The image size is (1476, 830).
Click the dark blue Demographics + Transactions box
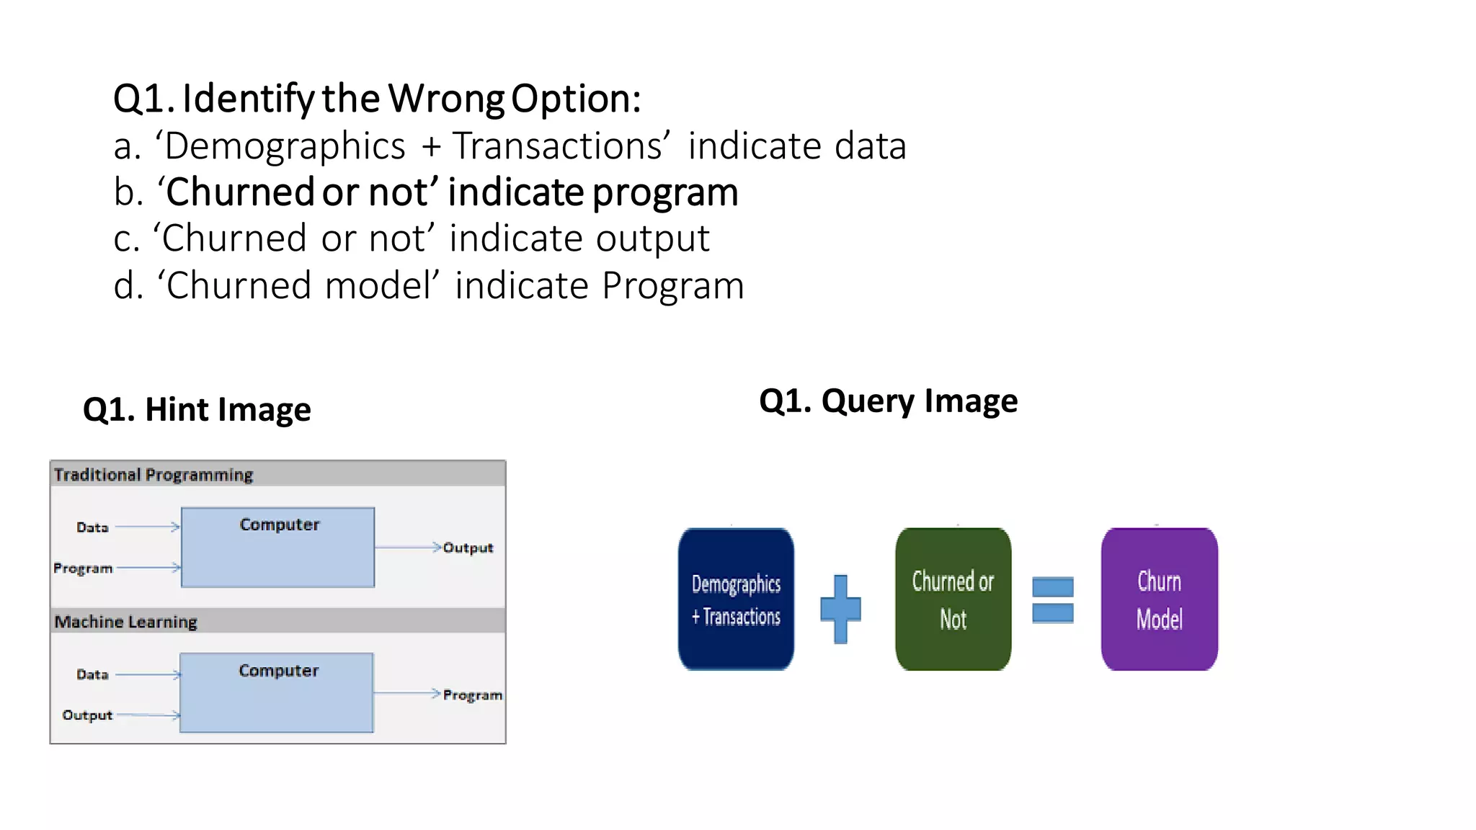click(736, 599)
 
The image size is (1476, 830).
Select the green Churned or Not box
click(953, 599)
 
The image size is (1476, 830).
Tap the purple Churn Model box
click(1159, 599)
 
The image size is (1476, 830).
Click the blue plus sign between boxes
click(840, 609)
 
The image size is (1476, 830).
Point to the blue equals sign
click(1052, 599)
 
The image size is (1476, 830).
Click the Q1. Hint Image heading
click(197, 409)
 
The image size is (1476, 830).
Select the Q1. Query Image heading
click(888, 401)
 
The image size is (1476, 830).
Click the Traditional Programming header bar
click(277, 474)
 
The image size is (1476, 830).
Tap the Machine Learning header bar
click(277, 621)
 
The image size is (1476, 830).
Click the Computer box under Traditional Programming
click(277, 548)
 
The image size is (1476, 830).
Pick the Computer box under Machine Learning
click(277, 693)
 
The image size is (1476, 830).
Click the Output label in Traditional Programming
click(468, 548)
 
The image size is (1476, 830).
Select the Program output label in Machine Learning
click(472, 695)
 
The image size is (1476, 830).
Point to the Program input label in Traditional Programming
click(83, 568)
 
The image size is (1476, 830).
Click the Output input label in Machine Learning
click(87, 715)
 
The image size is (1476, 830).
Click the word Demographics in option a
click(285, 146)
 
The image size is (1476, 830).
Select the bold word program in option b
click(665, 192)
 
